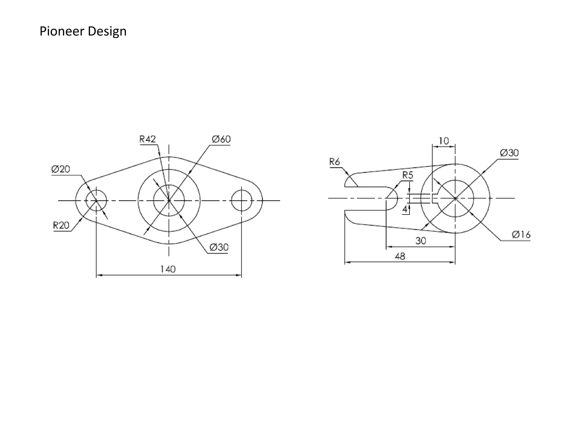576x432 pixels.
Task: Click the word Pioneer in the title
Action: [62, 31]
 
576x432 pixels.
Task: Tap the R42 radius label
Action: [147, 139]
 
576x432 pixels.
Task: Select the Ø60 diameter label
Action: [221, 139]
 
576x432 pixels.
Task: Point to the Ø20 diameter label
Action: [60, 169]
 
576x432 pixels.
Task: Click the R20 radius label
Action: [61, 225]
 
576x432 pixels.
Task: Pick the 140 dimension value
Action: [168, 269]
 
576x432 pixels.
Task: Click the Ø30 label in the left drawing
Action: [219, 247]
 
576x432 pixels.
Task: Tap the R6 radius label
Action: [335, 162]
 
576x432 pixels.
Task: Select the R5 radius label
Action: [408, 175]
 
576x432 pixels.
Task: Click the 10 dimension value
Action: [444, 141]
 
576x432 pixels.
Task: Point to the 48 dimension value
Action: [400, 256]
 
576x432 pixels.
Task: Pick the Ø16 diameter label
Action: [521, 235]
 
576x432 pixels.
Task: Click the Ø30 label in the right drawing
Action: [509, 153]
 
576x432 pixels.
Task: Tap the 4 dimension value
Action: [405, 210]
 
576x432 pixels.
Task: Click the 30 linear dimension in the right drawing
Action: [421, 241]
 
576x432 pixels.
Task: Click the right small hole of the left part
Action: [241, 201]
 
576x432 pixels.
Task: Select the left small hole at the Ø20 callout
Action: [96, 201]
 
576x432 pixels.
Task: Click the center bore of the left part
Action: [169, 201]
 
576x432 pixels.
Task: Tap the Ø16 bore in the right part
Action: [455, 199]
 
